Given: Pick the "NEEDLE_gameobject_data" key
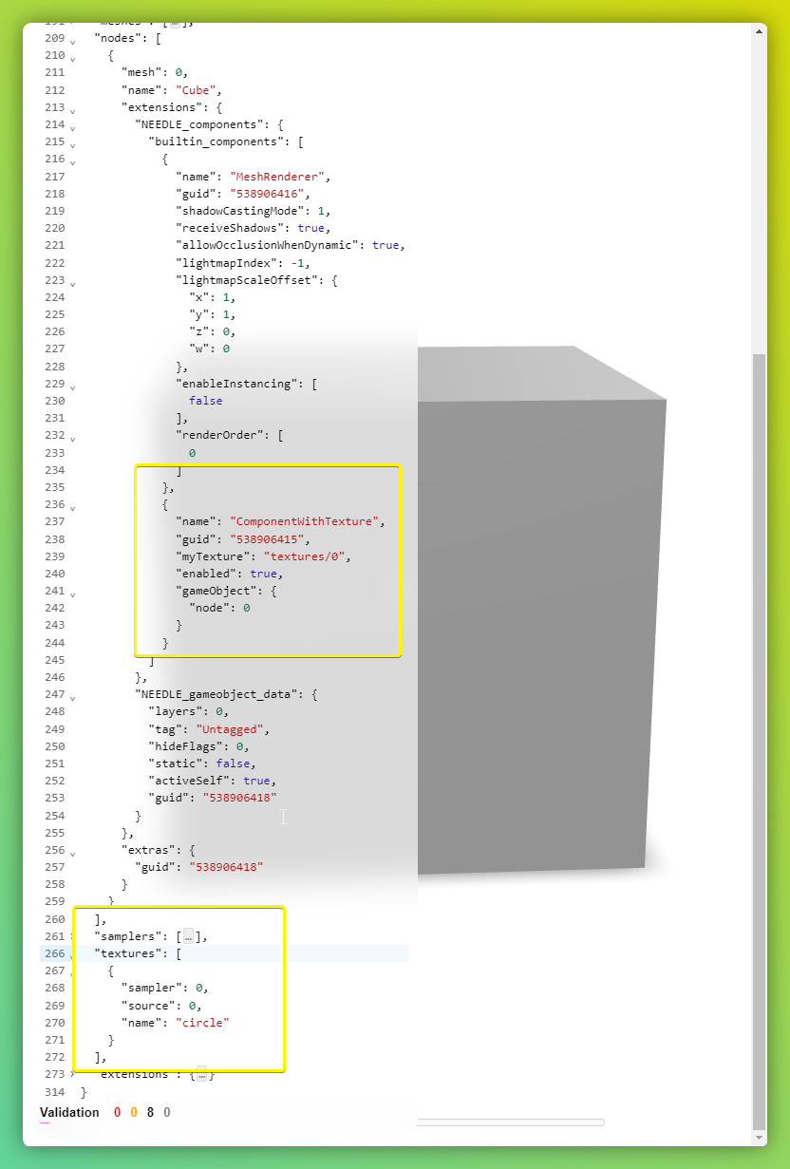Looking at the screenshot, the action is coord(216,694).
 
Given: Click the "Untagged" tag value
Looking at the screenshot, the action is coord(233,729).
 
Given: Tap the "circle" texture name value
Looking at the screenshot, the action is coord(200,1023).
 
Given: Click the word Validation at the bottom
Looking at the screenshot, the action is coord(69,1112).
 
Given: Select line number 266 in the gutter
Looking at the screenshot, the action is coord(54,953).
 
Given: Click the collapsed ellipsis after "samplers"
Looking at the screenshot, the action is coord(188,937).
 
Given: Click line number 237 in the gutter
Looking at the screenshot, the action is coord(54,521).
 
